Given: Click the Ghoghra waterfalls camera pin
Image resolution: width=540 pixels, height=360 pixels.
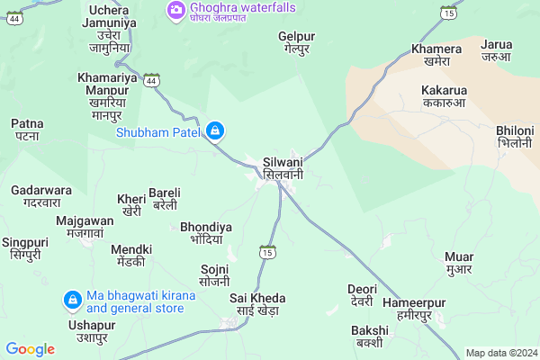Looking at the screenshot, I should pos(175,10).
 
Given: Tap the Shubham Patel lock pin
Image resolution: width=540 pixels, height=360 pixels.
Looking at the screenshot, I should pos(214,131).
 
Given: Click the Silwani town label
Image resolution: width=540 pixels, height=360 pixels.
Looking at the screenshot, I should pos(283,168).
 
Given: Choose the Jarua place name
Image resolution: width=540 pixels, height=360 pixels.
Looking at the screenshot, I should pos(496,50).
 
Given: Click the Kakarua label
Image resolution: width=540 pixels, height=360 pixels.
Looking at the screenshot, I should pos(444,96).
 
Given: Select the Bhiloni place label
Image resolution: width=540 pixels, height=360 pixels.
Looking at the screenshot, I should pos(515,137).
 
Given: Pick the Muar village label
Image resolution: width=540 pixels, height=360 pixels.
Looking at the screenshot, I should pos(459,262).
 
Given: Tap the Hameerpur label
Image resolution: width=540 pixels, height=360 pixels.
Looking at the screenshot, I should pos(414,309).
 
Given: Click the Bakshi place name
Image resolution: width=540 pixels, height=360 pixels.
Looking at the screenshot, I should pos(369,337).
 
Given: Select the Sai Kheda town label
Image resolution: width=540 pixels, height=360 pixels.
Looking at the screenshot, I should pos(257,304).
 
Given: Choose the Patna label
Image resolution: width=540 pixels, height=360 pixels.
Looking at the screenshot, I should pos(26,130).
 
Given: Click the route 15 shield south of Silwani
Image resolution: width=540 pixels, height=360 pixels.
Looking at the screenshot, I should pos(266,251).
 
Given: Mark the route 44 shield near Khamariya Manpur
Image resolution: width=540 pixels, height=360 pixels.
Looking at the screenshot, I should pos(154,81).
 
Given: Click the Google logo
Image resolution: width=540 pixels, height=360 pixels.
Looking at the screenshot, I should pos(31,349).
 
